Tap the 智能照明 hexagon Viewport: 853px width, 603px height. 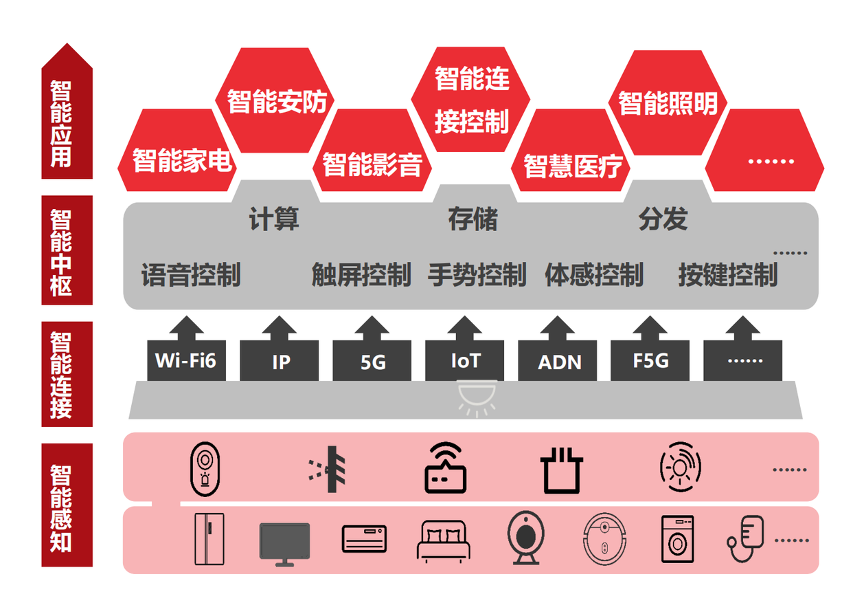pos(668,102)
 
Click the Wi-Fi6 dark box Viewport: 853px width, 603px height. pos(185,360)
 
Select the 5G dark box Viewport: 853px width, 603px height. pos(372,361)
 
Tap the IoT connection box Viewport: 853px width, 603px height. pos(465,360)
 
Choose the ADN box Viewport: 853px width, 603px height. pos(558,361)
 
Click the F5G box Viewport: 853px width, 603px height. pos(650,360)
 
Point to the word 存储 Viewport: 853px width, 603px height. pos(473,220)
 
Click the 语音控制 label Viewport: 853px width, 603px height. pos(191,275)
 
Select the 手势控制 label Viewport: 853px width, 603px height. pos(477,275)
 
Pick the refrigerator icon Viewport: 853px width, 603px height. pos(209,538)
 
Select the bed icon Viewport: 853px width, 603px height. pos(444,540)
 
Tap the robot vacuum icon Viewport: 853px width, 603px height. pos(604,539)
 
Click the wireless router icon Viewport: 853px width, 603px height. pos(444,469)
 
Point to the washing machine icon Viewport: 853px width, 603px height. pos(676,539)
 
